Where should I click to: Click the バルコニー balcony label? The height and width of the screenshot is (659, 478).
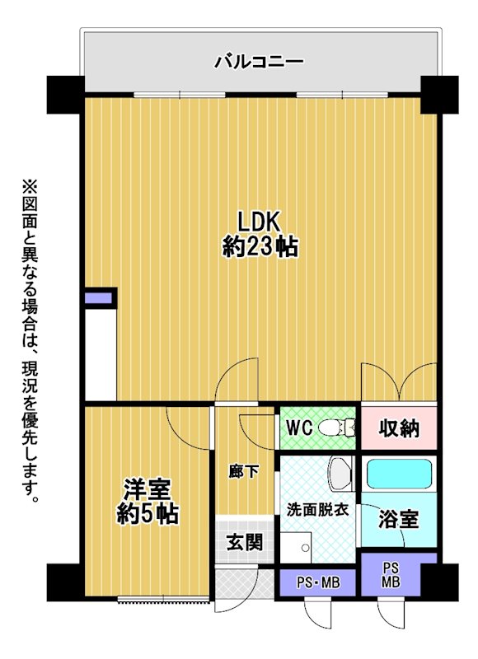click(x=259, y=63)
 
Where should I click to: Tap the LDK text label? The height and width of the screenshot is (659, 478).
click(x=259, y=222)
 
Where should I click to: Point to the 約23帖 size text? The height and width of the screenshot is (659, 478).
click(x=260, y=246)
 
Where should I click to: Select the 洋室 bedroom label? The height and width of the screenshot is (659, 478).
click(x=147, y=489)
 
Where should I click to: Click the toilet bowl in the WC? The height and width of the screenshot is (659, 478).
click(x=336, y=428)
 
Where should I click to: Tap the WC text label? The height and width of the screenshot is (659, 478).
click(x=299, y=428)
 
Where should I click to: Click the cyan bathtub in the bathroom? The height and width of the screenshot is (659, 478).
click(x=399, y=474)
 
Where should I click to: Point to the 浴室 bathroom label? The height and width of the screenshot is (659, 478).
click(x=399, y=519)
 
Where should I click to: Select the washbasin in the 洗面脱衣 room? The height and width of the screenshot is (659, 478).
click(x=341, y=474)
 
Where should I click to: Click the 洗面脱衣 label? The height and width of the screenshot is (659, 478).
click(x=317, y=510)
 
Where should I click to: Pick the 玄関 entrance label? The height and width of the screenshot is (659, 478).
click(x=245, y=541)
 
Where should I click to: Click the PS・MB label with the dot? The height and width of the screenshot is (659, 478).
click(x=318, y=583)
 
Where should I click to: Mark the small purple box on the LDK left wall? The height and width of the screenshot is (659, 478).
click(x=98, y=298)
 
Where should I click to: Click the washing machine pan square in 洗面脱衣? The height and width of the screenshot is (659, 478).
click(x=296, y=547)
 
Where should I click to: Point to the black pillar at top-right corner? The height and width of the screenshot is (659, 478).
click(x=439, y=95)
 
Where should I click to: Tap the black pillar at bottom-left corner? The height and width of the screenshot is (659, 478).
click(x=63, y=582)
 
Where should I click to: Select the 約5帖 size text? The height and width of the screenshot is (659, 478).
click(x=148, y=513)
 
